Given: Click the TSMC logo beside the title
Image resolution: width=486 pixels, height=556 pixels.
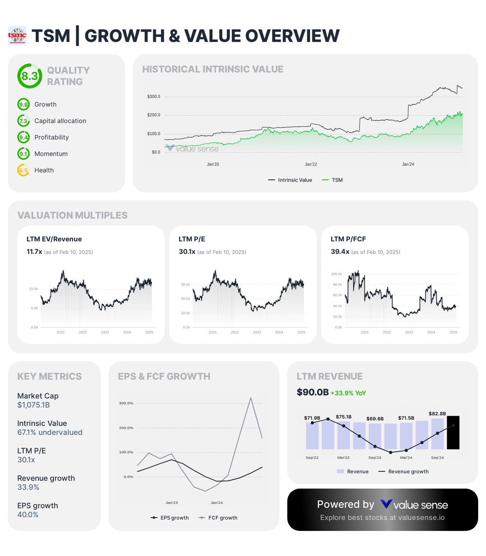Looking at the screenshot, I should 18,36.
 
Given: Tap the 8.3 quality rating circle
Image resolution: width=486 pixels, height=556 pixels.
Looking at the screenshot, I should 29,76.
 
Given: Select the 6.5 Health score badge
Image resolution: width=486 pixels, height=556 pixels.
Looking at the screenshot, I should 23,171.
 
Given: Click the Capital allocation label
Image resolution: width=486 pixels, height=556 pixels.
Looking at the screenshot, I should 60,121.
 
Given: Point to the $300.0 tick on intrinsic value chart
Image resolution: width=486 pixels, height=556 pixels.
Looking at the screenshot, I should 153,97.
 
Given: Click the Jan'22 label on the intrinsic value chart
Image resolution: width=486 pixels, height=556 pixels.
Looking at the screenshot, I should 311,164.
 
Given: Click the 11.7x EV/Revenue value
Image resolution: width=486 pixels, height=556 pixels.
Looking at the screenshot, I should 34,252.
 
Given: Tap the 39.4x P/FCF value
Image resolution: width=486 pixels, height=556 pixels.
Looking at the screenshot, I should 340,252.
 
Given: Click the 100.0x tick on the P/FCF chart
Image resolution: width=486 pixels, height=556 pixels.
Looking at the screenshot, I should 336,274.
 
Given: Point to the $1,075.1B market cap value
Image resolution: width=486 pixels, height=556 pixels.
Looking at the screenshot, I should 33,405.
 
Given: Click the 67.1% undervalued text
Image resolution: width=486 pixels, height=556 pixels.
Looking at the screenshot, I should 50,432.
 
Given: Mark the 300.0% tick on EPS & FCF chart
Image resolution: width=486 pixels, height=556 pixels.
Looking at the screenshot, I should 126,403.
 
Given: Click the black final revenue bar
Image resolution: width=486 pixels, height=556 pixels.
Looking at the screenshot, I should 453,432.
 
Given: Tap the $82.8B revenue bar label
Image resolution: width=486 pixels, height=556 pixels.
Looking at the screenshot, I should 437,413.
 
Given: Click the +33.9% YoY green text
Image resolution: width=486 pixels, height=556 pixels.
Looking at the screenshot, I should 348,393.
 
